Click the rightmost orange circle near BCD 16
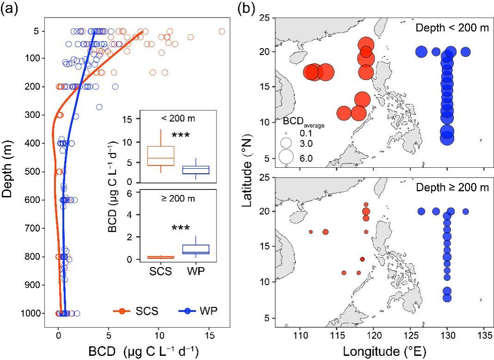[222, 31]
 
